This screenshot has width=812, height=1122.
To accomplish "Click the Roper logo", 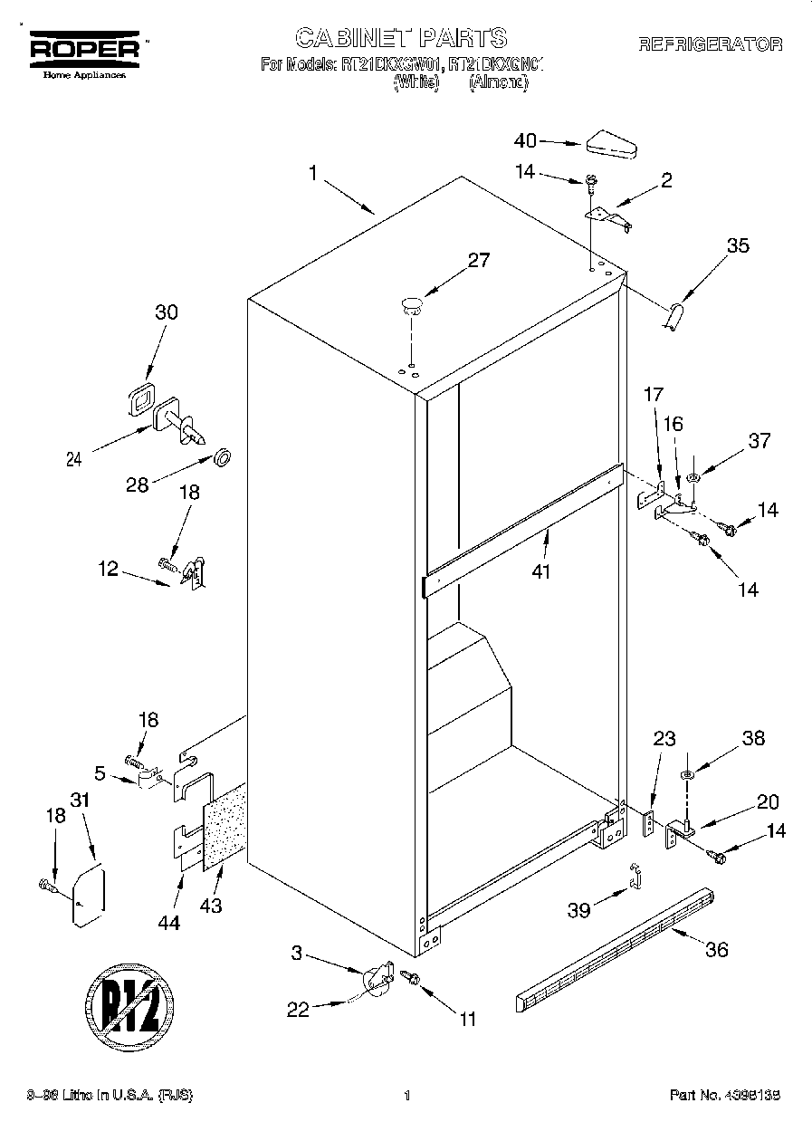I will [x=86, y=51].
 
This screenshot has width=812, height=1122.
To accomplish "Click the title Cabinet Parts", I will [x=402, y=37].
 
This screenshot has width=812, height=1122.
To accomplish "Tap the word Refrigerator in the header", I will [x=710, y=43].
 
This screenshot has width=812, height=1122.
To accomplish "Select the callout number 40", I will [x=525, y=140].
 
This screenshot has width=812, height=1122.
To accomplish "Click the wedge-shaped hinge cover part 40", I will [x=613, y=144].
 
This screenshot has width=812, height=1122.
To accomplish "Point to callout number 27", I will [x=478, y=261].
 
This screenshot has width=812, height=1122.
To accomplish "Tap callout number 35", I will [x=738, y=245].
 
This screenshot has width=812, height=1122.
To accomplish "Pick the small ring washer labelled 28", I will [x=221, y=455].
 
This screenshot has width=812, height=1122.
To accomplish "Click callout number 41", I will [x=542, y=571].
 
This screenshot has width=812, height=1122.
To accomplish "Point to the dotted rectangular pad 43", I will [x=224, y=825].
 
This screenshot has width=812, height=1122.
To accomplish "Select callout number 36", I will [x=716, y=949].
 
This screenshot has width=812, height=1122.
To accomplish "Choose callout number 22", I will [x=298, y=1010].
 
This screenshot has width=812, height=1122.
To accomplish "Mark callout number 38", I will [x=752, y=738].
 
